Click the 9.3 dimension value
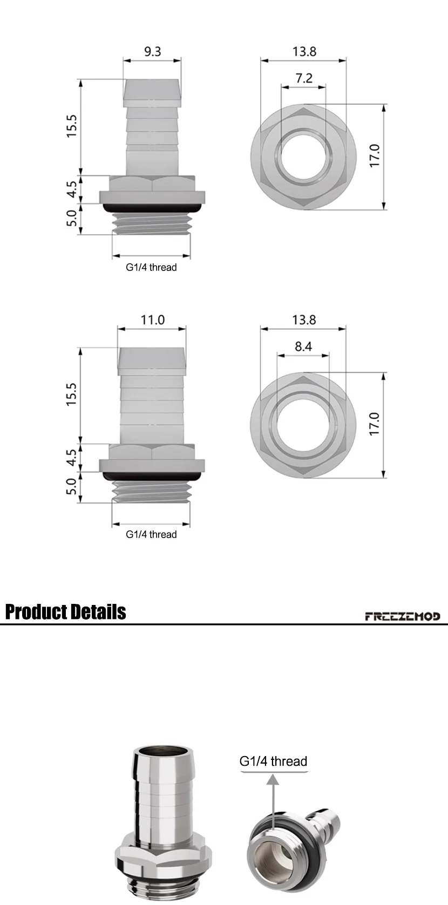click(x=152, y=52)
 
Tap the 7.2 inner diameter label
click(x=304, y=78)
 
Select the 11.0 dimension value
click(x=152, y=320)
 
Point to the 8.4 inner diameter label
click(x=303, y=346)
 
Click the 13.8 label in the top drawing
click(x=304, y=52)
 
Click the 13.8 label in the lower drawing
click(x=304, y=320)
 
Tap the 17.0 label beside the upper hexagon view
click(x=375, y=155)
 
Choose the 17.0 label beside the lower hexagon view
click(x=375, y=424)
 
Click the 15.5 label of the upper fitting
click(x=71, y=126)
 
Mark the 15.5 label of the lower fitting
click(x=71, y=394)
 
